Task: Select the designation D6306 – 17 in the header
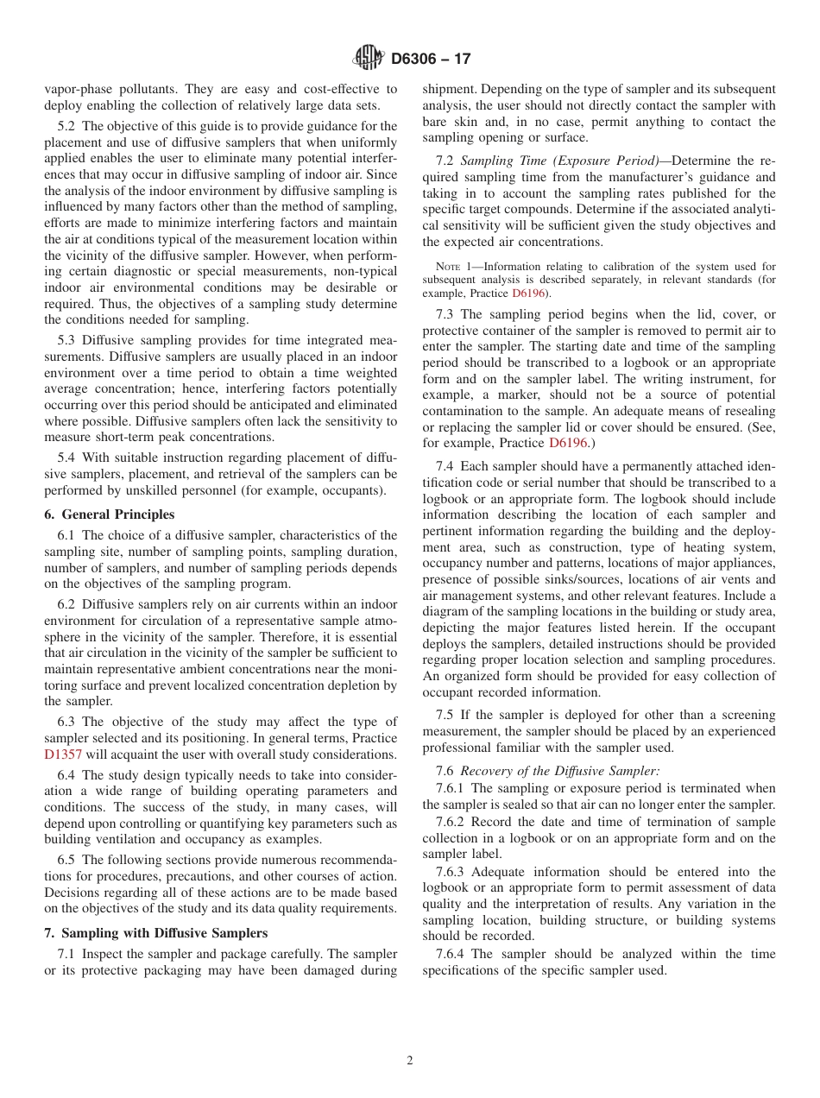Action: point(431,60)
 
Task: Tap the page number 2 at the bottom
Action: point(410,1061)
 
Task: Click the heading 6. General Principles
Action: point(109,514)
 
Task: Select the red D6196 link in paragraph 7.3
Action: point(567,443)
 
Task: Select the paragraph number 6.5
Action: point(68,860)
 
